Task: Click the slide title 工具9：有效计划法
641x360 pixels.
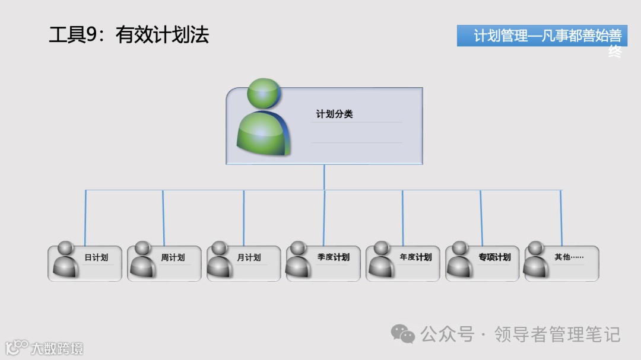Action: [129, 34]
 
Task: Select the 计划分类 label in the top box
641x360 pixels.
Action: [334, 114]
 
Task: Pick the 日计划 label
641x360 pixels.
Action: [96, 257]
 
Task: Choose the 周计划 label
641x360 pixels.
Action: [173, 257]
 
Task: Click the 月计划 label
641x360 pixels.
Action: [249, 257]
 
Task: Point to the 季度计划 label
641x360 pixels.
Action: [333, 257]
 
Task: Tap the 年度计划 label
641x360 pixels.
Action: [415, 257]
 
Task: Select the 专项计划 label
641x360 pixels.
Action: [494, 257]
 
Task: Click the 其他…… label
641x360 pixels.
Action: [569, 257]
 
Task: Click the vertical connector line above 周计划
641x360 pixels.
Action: [163, 216]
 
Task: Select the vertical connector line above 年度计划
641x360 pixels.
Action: [402, 216]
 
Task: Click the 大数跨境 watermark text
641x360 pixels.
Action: [57, 348]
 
